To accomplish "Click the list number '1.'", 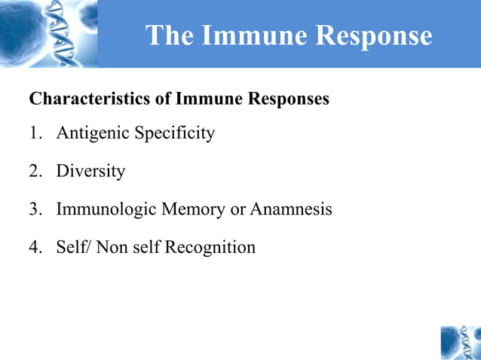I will (x=36, y=134).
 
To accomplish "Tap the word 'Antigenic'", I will (x=92, y=134).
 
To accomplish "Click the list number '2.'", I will (x=36, y=172).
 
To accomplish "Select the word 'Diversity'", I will (x=90, y=172).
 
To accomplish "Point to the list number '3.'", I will (x=36, y=209).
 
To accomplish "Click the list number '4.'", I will (x=36, y=247).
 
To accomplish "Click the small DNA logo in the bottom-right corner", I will (x=460, y=342).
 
